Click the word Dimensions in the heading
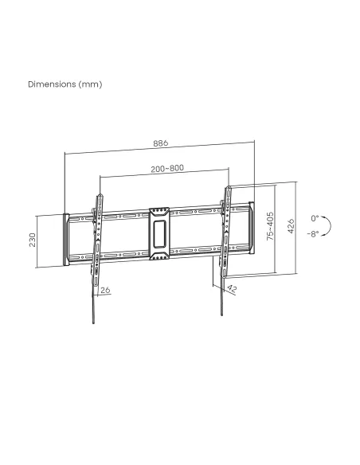pos(52,84)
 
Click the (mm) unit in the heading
pos(91,84)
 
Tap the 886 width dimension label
pos(160,143)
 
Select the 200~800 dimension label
pos(167,169)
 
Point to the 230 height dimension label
pos(33,240)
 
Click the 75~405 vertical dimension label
pos(270,225)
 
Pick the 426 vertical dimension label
pos(291,226)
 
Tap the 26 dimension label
pos(105,290)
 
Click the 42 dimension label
pos(232,289)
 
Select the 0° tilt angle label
pos(315,218)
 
